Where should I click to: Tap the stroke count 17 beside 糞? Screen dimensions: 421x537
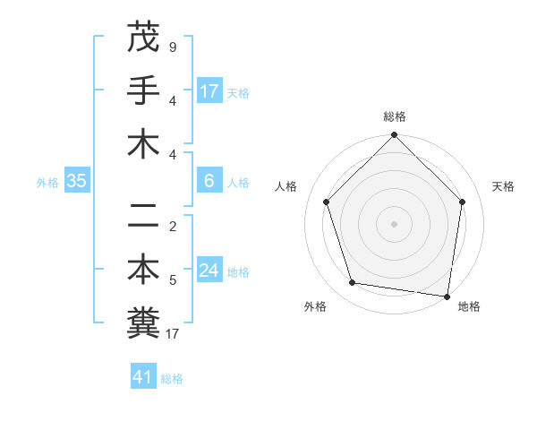[x=174, y=335]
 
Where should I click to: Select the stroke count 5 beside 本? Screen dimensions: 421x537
[x=174, y=280]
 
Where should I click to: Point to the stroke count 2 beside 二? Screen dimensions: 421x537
[x=174, y=226]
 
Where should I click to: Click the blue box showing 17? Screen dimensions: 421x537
[x=209, y=91]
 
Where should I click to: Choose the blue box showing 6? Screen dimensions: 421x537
[x=209, y=182]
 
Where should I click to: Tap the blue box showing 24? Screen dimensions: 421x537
[x=209, y=271]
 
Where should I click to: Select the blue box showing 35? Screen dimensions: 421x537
[x=77, y=182]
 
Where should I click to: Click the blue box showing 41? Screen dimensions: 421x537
[x=143, y=377]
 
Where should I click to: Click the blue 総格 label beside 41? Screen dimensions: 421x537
[x=172, y=379]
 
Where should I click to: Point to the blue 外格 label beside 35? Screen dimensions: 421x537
[x=47, y=183]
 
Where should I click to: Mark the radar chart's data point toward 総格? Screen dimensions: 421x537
[x=394, y=136]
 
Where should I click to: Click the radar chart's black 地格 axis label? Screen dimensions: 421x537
[x=469, y=306]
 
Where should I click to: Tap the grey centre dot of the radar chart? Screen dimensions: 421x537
[x=394, y=223]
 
